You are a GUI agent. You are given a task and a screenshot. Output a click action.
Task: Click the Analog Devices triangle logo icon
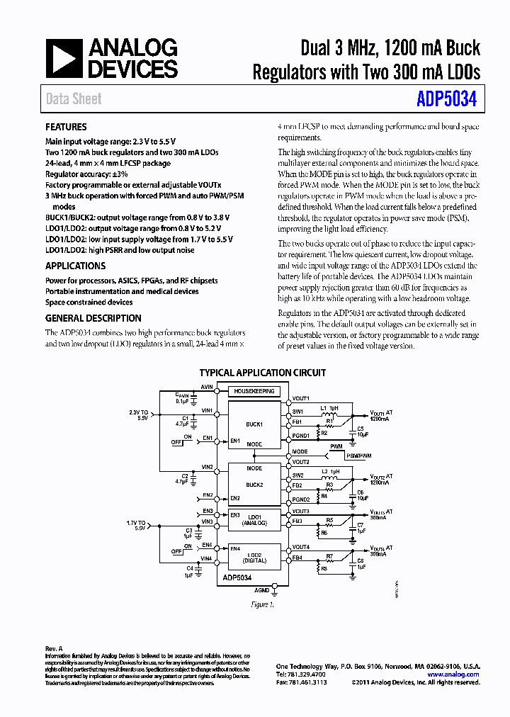[x=64, y=58]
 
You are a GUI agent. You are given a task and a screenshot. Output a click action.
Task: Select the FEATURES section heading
[x=66, y=127]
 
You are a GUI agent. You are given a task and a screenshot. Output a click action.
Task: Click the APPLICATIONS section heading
[x=75, y=266]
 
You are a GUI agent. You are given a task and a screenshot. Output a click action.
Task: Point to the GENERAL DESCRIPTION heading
[x=93, y=318]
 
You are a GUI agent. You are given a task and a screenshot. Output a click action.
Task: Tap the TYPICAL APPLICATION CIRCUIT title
[x=263, y=373]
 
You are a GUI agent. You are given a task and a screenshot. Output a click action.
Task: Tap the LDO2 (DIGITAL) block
[x=255, y=557]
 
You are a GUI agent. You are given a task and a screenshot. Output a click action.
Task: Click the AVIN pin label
[x=207, y=388]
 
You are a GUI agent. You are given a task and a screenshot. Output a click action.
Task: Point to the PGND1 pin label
[x=301, y=436]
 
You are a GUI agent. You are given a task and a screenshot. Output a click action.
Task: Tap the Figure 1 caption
[x=261, y=604]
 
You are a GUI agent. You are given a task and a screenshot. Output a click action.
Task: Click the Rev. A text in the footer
[x=55, y=648]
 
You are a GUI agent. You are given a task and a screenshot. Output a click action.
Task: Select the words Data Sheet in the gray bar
[x=74, y=99]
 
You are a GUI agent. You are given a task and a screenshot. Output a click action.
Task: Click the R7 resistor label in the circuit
[x=329, y=555]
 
